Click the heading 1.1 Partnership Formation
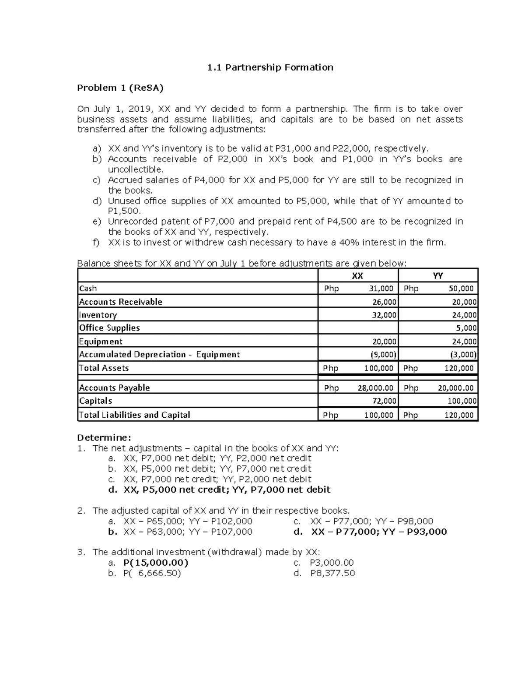click(270, 67)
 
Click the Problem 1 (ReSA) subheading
click(120, 88)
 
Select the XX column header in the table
click(357, 276)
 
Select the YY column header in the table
click(437, 276)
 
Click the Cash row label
click(88, 289)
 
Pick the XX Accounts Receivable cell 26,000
click(384, 302)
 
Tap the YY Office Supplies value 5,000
click(466, 328)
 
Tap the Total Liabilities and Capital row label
click(134, 415)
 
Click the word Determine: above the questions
click(104, 437)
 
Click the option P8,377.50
click(332, 573)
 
